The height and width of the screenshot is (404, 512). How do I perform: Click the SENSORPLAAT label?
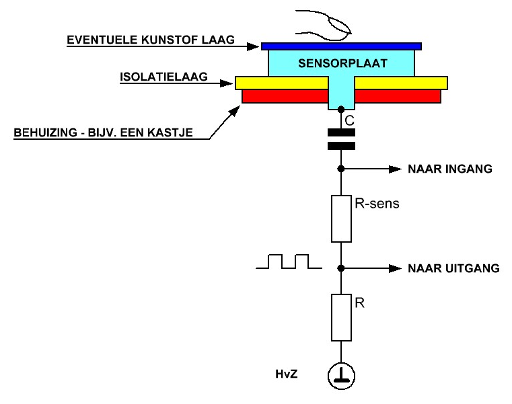point(342,63)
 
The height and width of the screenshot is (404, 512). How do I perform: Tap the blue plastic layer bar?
point(341,46)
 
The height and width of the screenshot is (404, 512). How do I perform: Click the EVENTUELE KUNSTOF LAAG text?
point(151,40)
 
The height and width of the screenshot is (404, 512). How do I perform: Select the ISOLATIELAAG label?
point(163,77)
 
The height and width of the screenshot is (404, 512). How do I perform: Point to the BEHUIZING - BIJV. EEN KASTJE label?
point(103,132)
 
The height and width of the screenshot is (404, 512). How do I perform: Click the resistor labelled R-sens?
point(341,218)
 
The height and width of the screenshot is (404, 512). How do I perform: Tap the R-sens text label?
point(377,203)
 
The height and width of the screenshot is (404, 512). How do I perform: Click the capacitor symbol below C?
point(341,139)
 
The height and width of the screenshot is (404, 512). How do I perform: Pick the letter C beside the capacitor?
point(349,121)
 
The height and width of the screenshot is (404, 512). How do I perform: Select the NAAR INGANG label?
point(450,169)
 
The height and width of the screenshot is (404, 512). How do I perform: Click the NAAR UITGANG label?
point(453,268)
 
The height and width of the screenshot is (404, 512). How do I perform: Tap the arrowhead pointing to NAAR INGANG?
point(395,169)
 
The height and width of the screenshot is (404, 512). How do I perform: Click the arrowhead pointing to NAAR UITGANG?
point(395,269)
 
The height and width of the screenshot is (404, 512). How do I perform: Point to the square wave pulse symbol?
point(289,261)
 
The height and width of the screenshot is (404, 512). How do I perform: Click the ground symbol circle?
point(341,376)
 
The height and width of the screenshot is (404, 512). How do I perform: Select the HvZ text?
point(287,374)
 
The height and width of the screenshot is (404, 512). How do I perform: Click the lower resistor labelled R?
point(341,317)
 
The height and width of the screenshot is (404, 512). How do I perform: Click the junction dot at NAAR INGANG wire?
point(341,169)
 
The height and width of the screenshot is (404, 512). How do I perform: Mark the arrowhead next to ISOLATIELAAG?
point(227,83)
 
